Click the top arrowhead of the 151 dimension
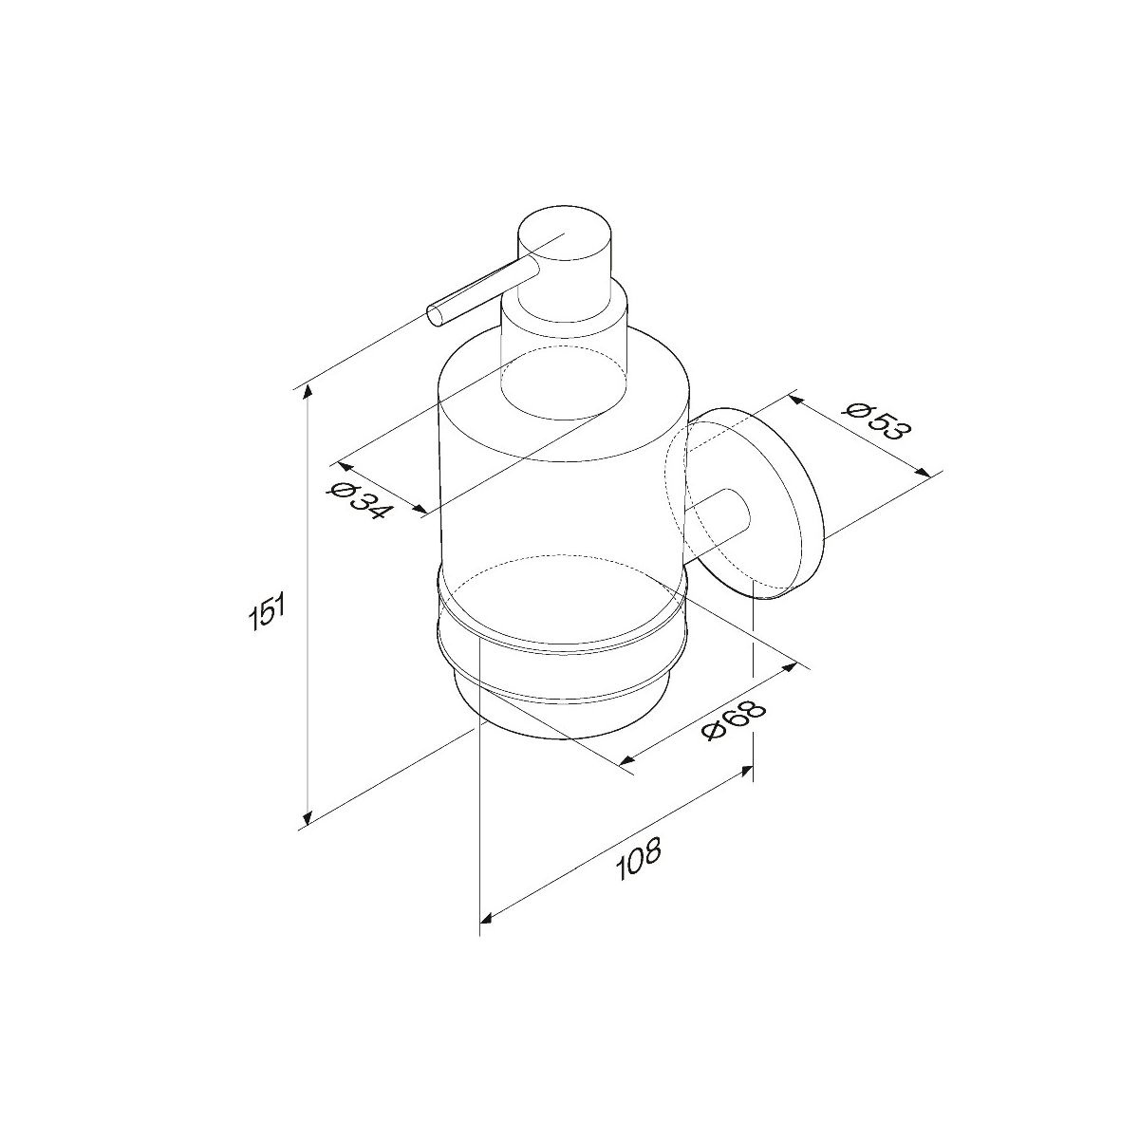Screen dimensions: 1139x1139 tap(307, 392)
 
